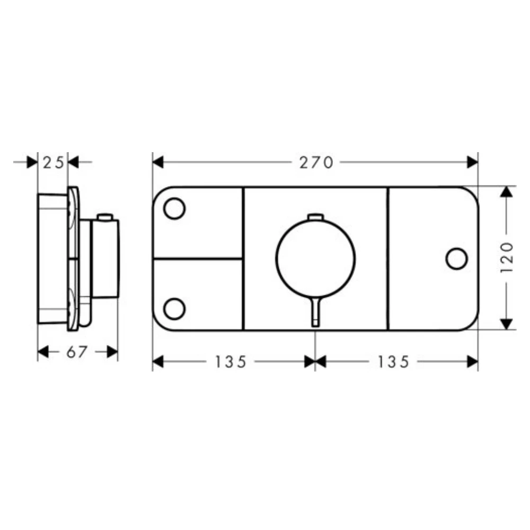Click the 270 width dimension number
tap(316, 163)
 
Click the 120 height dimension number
tap(507, 257)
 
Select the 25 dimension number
tap(53, 163)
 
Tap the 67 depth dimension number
tap(77, 352)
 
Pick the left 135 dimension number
tap(231, 362)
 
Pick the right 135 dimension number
tap(393, 362)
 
